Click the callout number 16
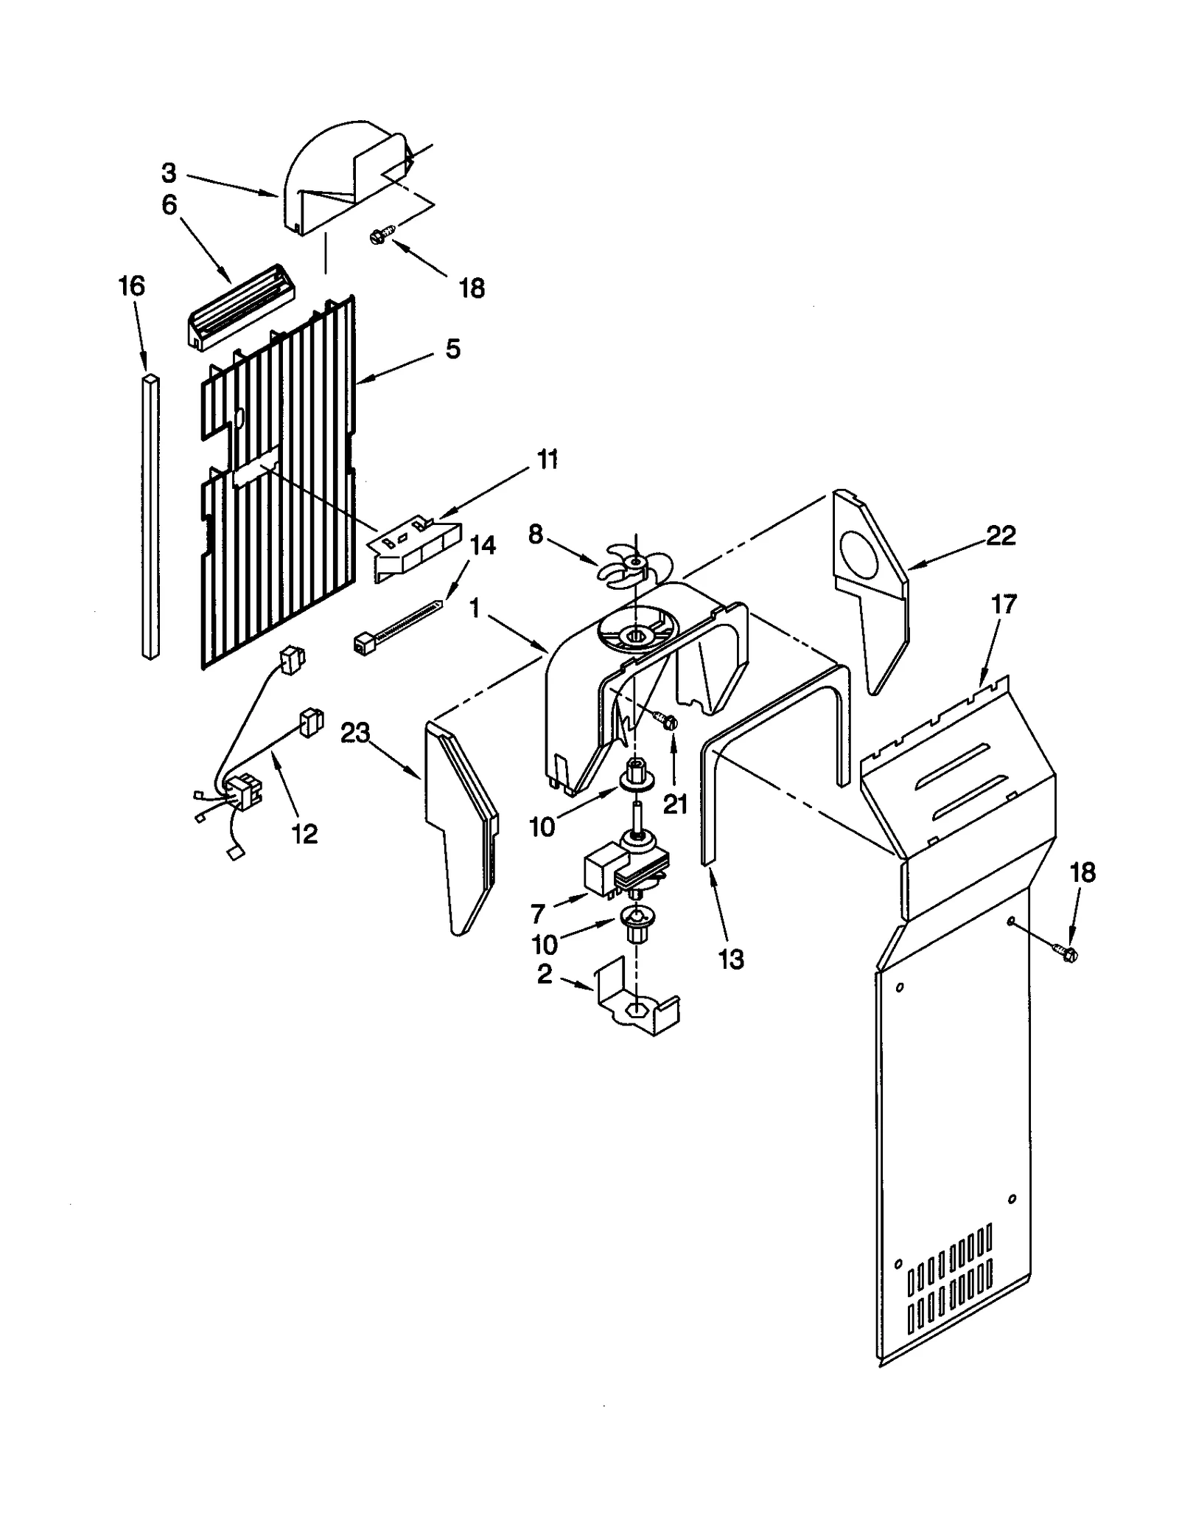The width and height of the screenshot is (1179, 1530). coord(132,287)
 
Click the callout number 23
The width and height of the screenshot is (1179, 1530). coord(355,734)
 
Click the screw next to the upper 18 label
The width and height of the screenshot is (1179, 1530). coord(381,236)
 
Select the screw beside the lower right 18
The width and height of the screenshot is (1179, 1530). coord(1068,953)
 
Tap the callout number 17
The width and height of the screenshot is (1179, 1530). coord(1004,605)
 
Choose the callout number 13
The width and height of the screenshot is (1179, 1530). coord(731,959)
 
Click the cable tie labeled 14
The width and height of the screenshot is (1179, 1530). coord(398,627)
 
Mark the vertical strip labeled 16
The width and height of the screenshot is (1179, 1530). coord(150,516)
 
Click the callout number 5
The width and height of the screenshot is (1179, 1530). coord(452,349)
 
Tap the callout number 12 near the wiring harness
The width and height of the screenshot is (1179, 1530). coord(304,834)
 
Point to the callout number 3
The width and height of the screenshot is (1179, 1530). coord(169,173)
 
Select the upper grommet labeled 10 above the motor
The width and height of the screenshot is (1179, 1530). coord(635,778)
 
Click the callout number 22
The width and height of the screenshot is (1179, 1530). coord(1001,536)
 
